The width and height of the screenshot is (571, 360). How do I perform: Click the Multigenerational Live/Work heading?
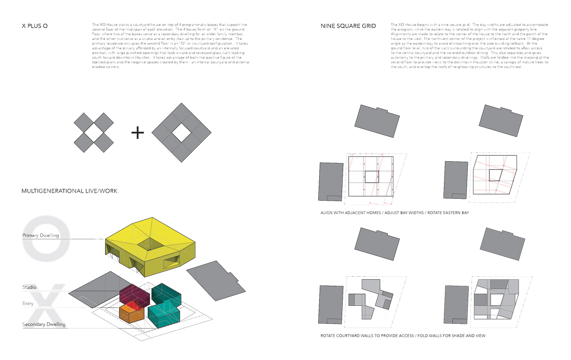pyautogui.click(x=69, y=191)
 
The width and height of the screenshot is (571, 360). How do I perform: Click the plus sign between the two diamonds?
pyautogui.click(x=138, y=134)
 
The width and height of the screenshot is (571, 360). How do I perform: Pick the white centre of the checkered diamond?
pyautogui.click(x=94, y=133)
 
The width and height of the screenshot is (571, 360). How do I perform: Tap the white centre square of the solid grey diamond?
pyautogui.click(x=181, y=134)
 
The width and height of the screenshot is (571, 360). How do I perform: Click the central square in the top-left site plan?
pyautogui.click(x=371, y=176)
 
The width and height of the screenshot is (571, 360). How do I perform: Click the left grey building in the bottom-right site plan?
pyautogui.click(x=455, y=304)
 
